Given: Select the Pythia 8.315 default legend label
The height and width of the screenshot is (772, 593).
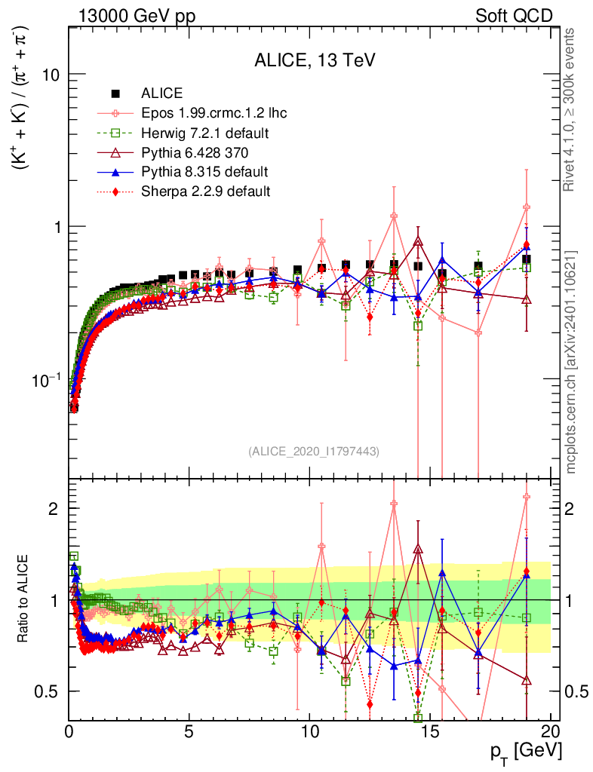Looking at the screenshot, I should [204, 172].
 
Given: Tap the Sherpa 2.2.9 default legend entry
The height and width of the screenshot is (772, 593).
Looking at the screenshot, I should [206, 191].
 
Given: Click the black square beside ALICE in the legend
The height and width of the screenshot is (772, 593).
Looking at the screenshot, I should [116, 94].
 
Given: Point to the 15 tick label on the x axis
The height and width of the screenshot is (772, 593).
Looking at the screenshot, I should [430, 731].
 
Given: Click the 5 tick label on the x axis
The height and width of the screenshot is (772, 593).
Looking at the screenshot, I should [189, 731].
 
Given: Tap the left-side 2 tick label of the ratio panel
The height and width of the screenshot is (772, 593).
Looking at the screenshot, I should [54, 509].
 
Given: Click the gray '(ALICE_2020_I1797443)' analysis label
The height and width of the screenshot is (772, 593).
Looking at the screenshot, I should [313, 451].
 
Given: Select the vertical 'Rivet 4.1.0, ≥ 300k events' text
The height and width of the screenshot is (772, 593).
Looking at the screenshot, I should [570, 110].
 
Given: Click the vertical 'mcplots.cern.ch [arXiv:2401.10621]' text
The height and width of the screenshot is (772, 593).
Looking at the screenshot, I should [570, 361].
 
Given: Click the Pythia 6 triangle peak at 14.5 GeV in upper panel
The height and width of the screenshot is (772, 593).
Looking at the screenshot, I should [418, 242].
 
